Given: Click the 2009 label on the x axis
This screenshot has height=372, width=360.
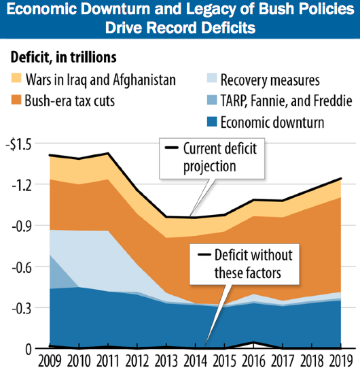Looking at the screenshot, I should pos(50,361).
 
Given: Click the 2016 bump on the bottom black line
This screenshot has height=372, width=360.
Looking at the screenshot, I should pos(253,343).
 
